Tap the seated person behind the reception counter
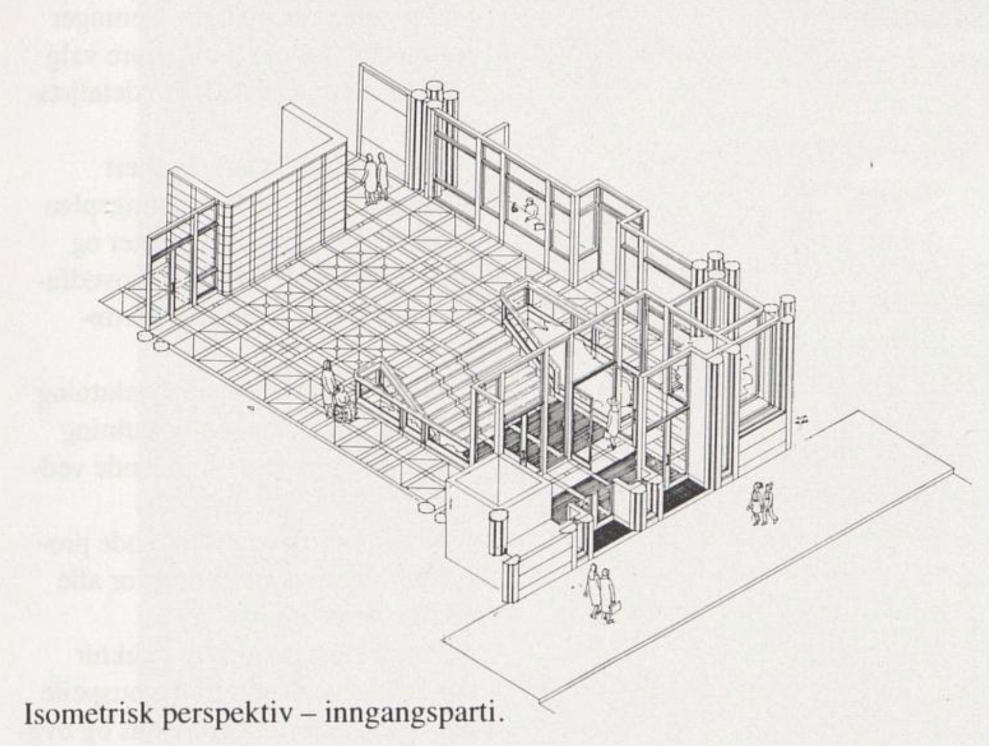point(531,210)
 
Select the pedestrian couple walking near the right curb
point(762,503)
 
